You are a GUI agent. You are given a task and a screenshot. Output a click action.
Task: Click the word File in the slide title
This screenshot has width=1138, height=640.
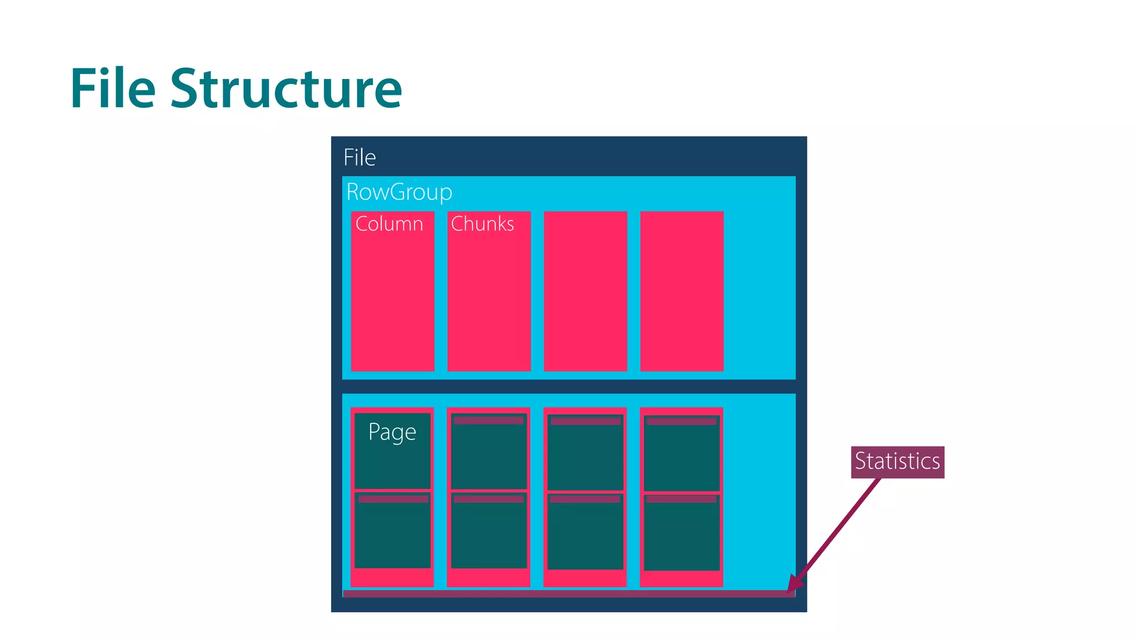point(113,89)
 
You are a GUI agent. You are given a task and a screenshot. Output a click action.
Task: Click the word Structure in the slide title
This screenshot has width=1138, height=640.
point(286,89)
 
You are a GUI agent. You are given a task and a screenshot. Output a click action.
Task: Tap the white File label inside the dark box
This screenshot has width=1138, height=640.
point(360,158)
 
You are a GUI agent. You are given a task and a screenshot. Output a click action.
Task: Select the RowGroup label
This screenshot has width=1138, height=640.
point(399,192)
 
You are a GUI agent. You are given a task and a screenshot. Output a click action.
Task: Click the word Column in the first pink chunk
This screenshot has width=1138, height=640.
point(389,224)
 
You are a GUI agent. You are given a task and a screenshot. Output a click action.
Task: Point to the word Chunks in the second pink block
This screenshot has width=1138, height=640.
point(482,224)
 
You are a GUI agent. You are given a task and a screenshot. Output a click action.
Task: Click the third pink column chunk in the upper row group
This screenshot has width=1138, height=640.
point(585,291)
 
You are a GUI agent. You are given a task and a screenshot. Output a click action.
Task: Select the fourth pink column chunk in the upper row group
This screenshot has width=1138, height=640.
point(682,291)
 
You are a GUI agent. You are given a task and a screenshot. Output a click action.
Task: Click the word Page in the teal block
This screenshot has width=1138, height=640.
point(392,432)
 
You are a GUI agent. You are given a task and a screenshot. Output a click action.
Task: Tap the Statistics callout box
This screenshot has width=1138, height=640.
point(897,462)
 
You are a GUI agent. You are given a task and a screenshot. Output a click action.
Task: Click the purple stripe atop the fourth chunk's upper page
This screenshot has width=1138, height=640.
point(682,422)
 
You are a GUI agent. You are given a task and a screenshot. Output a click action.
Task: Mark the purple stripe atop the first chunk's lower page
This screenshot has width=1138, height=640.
point(393,499)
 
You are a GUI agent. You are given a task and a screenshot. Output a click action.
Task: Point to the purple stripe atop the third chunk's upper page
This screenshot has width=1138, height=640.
point(585,422)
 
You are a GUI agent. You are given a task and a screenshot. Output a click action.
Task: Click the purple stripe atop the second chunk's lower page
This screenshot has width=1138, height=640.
point(488,499)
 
